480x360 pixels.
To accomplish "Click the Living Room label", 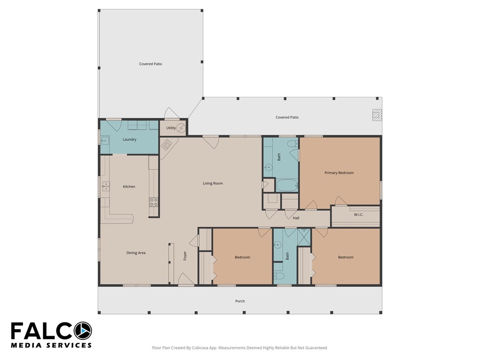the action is [x=213, y=183].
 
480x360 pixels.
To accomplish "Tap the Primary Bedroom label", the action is [x=339, y=172].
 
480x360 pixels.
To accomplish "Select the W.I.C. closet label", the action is [x=359, y=215].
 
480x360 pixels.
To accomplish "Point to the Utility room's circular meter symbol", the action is [x=181, y=128].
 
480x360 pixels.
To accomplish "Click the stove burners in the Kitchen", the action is [x=154, y=202].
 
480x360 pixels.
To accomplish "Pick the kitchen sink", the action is [x=105, y=186].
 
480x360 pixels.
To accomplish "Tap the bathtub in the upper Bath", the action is [x=287, y=186].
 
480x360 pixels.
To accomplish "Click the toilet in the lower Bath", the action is [x=279, y=276].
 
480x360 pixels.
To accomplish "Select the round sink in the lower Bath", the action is [x=277, y=245].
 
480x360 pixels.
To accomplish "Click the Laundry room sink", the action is [x=105, y=140].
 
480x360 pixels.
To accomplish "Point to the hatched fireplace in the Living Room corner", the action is [x=167, y=144].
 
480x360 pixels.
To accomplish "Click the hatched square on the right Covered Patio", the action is [x=377, y=115].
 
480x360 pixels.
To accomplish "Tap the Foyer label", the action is [x=185, y=256].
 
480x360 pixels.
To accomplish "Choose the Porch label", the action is [x=240, y=301].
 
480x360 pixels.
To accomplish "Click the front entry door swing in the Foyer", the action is [x=186, y=279].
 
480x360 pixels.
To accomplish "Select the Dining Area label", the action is [x=136, y=253].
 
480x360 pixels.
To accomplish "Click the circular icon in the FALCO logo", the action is [x=82, y=331].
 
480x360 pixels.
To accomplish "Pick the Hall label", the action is [x=296, y=218].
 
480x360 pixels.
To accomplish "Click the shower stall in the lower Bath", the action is [x=304, y=237].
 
